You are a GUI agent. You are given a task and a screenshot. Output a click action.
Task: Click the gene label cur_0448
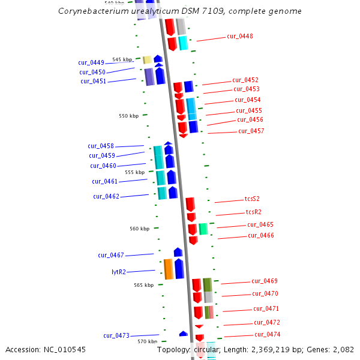(x=239, y=36)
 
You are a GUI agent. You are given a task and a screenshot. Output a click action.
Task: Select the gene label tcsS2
(x=252, y=199)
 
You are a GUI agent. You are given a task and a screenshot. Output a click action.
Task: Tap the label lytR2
(x=119, y=272)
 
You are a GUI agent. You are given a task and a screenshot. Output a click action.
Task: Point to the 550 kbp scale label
(x=128, y=116)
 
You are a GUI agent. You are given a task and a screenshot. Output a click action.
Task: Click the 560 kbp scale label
(x=139, y=229)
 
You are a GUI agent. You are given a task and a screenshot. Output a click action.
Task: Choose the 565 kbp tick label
(x=143, y=285)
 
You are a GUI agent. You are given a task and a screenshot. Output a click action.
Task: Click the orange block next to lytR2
(x=169, y=269)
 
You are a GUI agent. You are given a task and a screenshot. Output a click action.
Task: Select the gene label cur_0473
(x=116, y=335)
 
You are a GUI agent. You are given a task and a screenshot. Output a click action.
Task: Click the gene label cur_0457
(x=251, y=131)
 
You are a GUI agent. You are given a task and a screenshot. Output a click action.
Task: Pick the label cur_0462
(x=106, y=196)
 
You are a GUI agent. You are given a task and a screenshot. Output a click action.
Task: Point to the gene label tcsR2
(x=253, y=212)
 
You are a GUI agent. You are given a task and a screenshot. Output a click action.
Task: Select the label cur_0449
(x=91, y=62)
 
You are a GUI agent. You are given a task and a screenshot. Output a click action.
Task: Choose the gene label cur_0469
(x=265, y=281)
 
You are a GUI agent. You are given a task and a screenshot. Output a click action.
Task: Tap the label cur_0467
(x=111, y=255)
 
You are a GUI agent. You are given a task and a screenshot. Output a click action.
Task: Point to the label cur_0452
(x=245, y=80)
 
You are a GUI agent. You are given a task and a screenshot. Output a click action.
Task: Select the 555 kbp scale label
(x=134, y=172)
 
